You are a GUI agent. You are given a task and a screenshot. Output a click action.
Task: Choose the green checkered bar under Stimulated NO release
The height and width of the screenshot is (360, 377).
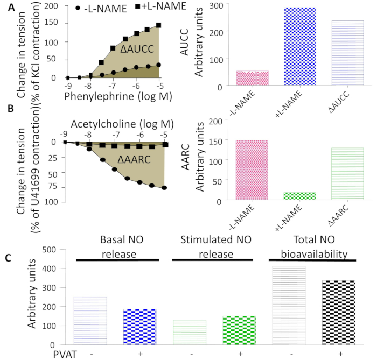(240, 330)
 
